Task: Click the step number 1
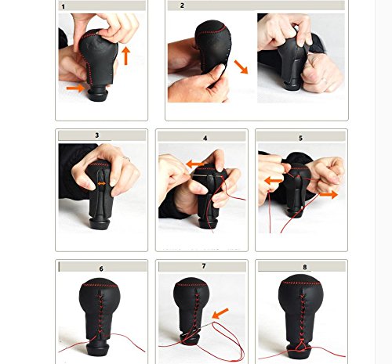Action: (x=64, y=6)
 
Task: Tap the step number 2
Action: (x=183, y=5)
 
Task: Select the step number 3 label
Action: (x=97, y=135)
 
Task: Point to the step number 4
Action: (x=205, y=138)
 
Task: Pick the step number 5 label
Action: (x=300, y=138)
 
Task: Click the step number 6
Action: (x=101, y=268)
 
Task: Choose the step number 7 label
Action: (x=204, y=266)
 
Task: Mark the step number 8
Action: (x=303, y=267)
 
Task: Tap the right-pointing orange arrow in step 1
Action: (x=74, y=88)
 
